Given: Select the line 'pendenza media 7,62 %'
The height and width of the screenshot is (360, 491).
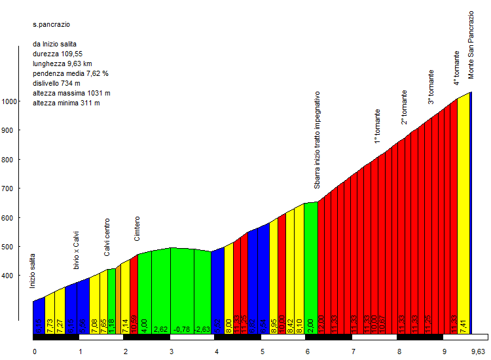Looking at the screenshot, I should tap(70, 73).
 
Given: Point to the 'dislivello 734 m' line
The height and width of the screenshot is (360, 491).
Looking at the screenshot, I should tap(56, 83).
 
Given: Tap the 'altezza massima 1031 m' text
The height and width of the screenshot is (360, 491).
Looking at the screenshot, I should tap(71, 93).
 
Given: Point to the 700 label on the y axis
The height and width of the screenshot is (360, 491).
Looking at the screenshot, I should tap(10, 189).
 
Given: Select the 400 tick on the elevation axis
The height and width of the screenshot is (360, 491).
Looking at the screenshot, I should tap(10, 276).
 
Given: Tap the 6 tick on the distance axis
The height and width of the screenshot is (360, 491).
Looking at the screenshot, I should tap(307, 351).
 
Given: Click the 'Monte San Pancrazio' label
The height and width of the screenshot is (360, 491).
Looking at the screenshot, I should tap(471, 45).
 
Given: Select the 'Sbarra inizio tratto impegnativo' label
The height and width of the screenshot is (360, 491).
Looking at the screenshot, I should tap(317, 140).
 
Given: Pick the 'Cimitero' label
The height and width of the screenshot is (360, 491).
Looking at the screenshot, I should tap(137, 228).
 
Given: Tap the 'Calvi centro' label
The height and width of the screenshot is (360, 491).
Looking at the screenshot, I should tap(107, 237).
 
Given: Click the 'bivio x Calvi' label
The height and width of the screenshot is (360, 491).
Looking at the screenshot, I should tap(76, 250).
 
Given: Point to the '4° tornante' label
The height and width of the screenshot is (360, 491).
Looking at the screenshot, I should tap(456, 68).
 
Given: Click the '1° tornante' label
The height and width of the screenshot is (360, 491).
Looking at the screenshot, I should tap(377, 126).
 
